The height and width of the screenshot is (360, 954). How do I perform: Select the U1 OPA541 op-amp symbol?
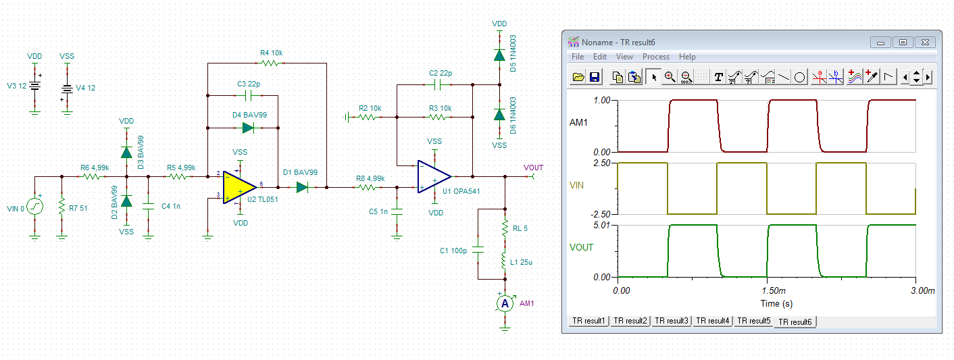433,176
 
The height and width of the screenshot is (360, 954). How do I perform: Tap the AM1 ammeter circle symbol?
504,304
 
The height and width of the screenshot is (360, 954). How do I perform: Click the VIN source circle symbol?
35,206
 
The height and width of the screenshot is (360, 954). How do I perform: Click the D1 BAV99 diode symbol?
302,187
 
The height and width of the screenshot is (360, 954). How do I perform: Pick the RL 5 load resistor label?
520,228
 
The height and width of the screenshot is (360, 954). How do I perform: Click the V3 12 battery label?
17,87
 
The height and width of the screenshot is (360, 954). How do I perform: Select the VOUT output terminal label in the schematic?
533,168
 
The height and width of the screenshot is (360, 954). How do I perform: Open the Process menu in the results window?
655,57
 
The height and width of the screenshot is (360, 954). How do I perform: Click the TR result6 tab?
796,322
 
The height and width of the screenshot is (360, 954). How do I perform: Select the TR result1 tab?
588,321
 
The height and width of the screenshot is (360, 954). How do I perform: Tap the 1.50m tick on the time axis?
767,291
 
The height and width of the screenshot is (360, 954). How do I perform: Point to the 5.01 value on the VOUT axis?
603,225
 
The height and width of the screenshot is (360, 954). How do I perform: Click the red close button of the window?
926,42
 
